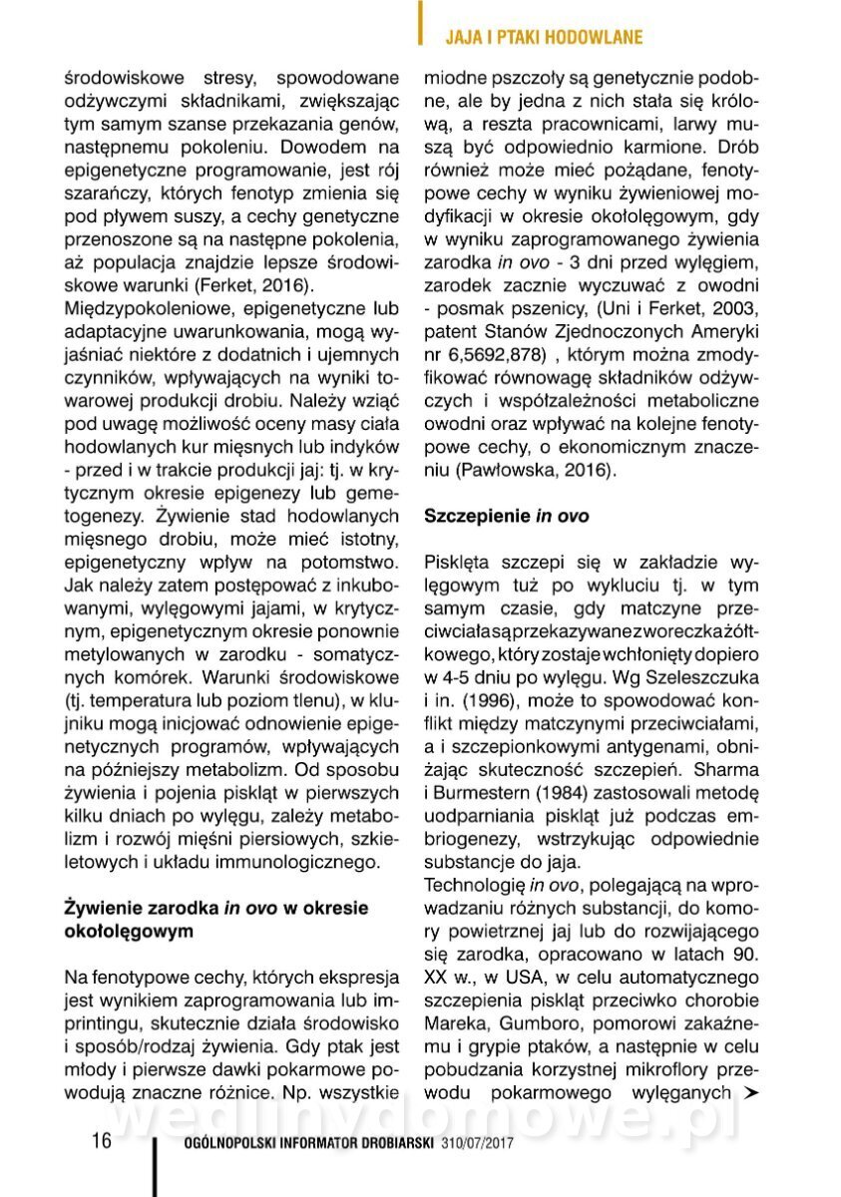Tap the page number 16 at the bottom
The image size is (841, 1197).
[102, 1141]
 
